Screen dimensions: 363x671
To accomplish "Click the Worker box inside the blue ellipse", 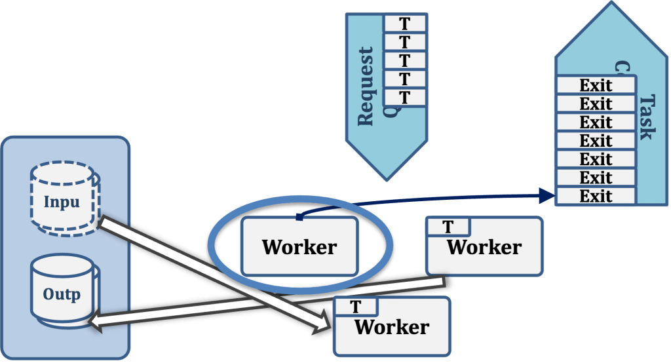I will pos(299,246).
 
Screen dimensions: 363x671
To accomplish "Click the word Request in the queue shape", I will pos(365,86).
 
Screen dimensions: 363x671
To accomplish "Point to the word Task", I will pos(647,117).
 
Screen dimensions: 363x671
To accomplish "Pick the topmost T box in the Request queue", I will pos(404,24).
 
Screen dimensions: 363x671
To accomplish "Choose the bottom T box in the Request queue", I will pos(404,98).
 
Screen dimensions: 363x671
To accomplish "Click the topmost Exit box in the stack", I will pos(596,85).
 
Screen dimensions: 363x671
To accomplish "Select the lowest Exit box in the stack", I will pos(596,195).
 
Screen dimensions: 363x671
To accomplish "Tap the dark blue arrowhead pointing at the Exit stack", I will pos(547,193).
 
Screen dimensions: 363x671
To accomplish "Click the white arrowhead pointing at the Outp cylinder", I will pos(98,320).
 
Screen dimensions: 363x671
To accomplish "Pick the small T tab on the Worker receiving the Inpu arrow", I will pos(356,307).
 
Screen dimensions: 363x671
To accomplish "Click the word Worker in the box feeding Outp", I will pos(484,248).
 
